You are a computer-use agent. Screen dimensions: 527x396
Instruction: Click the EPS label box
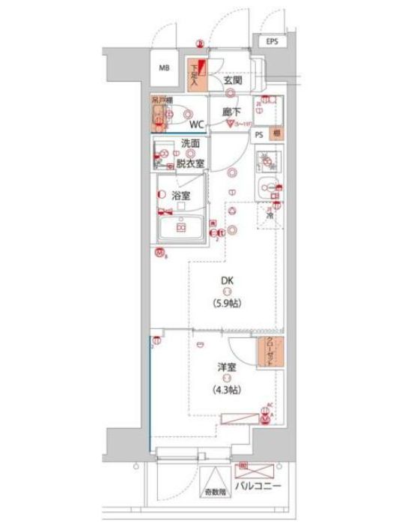271,42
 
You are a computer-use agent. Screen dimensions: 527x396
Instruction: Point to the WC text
197,124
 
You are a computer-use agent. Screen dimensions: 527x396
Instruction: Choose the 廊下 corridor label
232,112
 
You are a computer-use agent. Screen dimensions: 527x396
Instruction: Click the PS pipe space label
259,134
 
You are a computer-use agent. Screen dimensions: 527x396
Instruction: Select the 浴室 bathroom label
180,196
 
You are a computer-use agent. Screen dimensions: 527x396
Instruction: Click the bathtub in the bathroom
180,227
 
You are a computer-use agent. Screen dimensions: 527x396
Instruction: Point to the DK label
228,282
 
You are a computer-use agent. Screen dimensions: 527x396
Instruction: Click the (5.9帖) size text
228,304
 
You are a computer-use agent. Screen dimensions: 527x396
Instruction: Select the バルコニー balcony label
258,486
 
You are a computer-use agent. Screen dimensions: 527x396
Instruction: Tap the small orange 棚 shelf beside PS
276,134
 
